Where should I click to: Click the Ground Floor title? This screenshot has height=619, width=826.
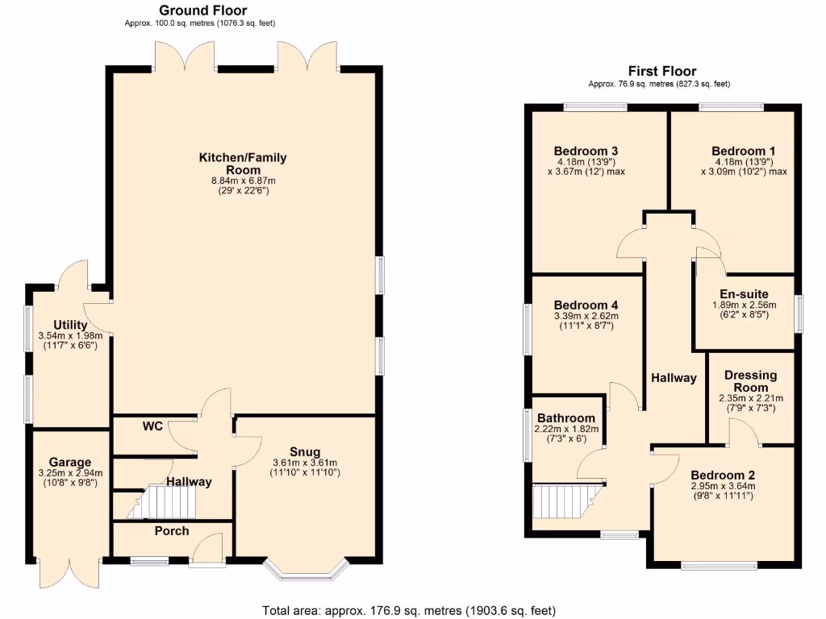tap(202, 10)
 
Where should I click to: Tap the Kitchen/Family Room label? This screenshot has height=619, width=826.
tap(243, 164)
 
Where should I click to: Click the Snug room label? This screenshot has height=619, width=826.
tap(305, 451)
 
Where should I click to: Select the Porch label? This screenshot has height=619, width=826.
tap(171, 530)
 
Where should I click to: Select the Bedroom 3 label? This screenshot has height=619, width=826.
tap(586, 151)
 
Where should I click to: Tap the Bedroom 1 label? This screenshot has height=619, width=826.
tap(743, 151)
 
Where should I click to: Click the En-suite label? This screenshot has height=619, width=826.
tap(743, 294)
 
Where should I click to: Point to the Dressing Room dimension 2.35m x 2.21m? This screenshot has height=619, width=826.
tap(750, 398)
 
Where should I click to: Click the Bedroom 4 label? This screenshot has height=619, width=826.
tap(586, 305)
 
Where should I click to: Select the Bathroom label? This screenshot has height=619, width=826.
tap(566, 418)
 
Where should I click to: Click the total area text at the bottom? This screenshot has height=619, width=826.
tap(409, 610)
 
